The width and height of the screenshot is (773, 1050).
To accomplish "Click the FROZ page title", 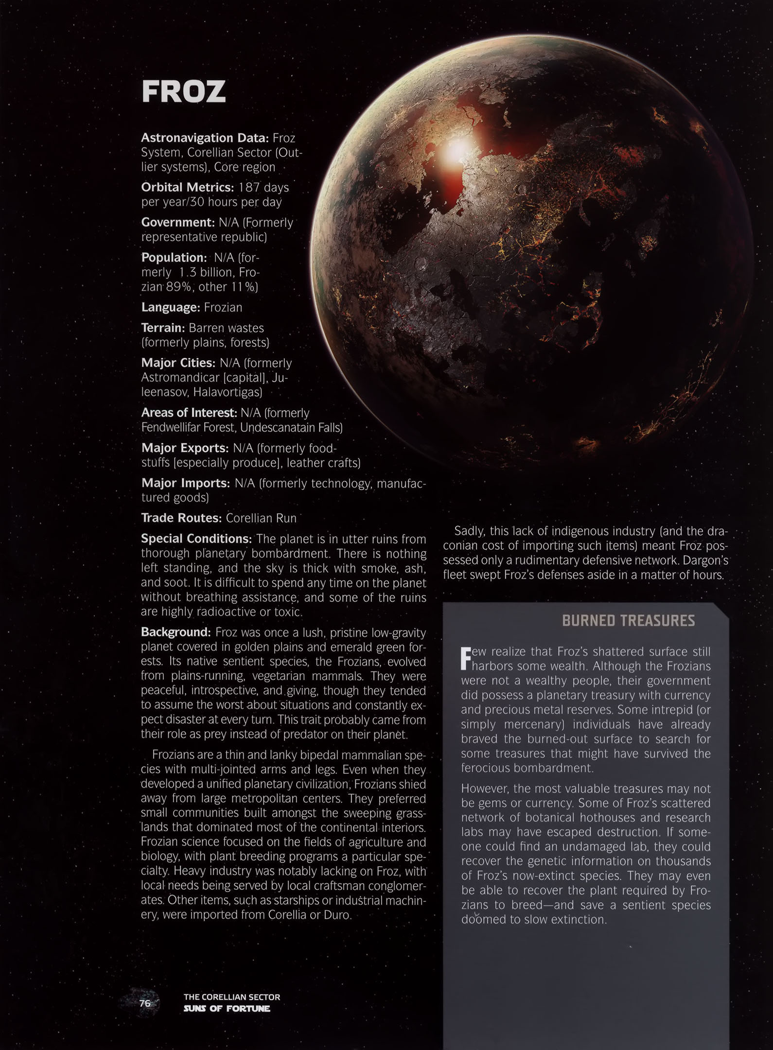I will tap(184, 92).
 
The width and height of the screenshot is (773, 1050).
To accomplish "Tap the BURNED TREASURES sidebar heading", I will tap(628, 621).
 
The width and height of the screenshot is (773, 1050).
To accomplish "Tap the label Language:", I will tap(170, 307).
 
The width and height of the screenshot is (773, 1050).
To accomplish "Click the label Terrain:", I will tap(163, 328).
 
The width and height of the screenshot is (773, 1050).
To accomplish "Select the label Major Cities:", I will tap(178, 363).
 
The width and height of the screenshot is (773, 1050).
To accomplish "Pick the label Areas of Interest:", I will tap(189, 413).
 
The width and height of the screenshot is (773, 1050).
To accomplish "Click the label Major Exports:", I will tap(185, 448).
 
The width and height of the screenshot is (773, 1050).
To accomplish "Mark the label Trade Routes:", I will tap(181, 518).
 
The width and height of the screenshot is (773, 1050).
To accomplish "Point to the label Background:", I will tap(176, 632).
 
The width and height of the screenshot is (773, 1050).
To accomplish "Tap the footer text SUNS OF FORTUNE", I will tap(227, 1009).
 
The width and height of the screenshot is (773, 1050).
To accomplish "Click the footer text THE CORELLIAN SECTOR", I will tap(231, 997).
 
